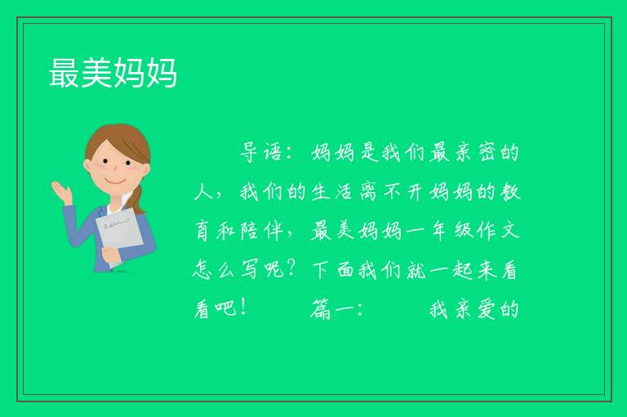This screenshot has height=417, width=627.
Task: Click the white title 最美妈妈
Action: [113, 73]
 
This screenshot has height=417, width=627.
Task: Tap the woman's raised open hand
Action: [62, 192]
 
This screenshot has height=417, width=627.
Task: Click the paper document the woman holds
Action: [119, 235]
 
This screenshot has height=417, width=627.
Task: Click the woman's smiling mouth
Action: [115, 182]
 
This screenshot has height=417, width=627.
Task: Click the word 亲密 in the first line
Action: [475, 152]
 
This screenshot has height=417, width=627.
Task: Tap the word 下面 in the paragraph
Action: [333, 271]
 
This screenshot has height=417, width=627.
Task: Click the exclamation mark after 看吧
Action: [243, 308]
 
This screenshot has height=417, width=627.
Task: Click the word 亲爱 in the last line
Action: [475, 310]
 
